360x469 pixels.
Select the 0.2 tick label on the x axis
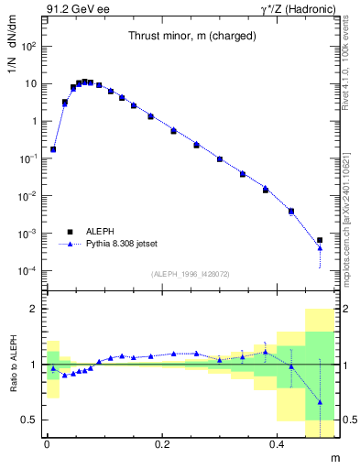pyautogui.click(x=162, y=444)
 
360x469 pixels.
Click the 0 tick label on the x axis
pyautogui.click(x=47, y=444)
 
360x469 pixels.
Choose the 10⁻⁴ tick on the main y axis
pyautogui.click(x=28, y=271)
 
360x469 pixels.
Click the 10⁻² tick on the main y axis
pyautogui.click(x=28, y=196)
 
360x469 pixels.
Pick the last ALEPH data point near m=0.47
pyautogui.click(x=320, y=241)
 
